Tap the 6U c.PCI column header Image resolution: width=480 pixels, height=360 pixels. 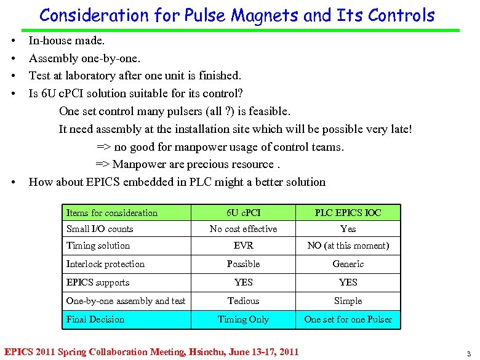243,213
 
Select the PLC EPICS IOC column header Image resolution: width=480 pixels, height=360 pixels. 348,213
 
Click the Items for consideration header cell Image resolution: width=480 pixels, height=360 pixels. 111,213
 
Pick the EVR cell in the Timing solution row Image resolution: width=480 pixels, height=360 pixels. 243,246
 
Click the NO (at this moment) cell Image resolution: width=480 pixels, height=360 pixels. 348,246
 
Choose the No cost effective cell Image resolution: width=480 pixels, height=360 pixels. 243,229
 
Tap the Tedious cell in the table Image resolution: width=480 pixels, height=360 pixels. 243,301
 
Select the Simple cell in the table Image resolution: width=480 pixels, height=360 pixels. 348,301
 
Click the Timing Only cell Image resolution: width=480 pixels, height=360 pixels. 243,319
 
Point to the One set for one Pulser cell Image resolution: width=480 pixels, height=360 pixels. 348,319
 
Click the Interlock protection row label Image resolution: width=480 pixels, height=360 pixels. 105,264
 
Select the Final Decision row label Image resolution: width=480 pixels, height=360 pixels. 95,319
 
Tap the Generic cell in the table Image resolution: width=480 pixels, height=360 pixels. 348,264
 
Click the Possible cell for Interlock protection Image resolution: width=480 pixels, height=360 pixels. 243,264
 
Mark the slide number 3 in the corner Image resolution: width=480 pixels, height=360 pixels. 469,353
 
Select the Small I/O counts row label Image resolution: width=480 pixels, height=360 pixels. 100,229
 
